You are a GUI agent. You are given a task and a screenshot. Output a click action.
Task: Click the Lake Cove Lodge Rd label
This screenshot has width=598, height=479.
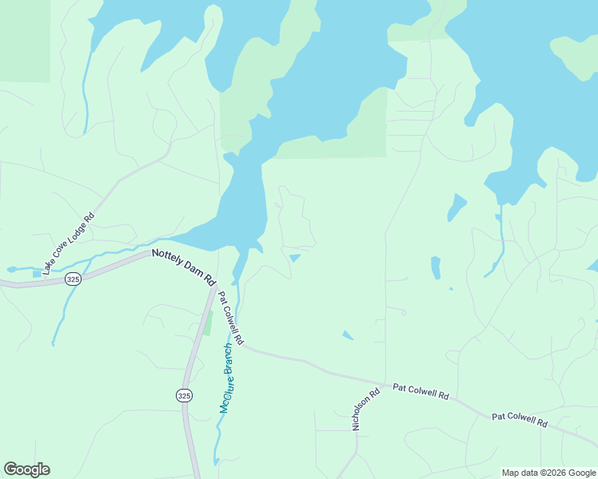[69, 243]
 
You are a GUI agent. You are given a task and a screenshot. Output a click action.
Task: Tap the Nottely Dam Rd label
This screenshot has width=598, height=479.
[185, 267]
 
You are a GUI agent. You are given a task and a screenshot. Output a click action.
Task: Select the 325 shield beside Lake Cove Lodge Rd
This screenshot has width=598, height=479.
[74, 279]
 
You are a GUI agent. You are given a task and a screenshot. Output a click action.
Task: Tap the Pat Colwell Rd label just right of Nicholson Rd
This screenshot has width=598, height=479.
[421, 391]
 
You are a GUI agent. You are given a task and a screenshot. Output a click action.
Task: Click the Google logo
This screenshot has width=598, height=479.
[26, 469]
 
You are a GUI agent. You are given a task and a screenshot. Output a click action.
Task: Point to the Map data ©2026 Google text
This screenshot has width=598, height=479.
[548, 473]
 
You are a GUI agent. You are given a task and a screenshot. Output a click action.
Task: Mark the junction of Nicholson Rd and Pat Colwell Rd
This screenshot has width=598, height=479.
[385, 383]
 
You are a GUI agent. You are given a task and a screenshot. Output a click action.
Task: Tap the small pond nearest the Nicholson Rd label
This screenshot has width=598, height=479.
[348, 335]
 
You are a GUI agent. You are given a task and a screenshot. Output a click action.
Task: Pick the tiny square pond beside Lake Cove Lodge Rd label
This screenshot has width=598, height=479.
[37, 274]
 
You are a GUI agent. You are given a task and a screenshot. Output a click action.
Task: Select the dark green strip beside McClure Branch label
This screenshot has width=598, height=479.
[208, 323]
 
